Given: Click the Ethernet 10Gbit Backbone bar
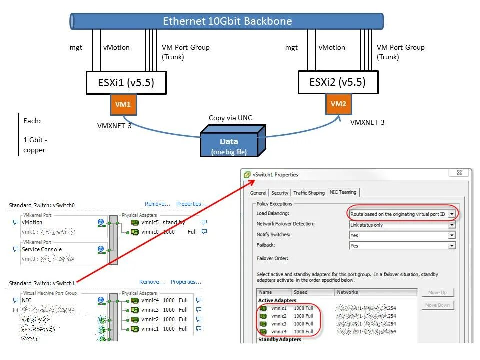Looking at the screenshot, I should click(x=227, y=21).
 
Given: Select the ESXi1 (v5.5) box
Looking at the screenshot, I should click(x=126, y=83).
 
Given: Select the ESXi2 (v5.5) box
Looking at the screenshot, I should click(x=337, y=82).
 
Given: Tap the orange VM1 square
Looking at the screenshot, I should click(x=123, y=105).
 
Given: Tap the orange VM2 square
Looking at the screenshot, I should click(x=338, y=104).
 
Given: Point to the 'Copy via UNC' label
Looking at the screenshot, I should click(x=230, y=118).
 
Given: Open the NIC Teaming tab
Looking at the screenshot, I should click(x=343, y=192).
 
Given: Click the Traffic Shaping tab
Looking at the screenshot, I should click(x=309, y=193).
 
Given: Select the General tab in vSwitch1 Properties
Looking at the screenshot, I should click(x=258, y=193).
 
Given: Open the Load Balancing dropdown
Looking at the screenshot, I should click(x=402, y=214).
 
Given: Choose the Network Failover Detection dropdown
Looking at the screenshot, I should click(x=402, y=225).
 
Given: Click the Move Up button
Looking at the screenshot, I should click(x=437, y=292).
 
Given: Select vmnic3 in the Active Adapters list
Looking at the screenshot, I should click(x=279, y=324).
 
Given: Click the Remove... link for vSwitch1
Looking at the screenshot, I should click(x=152, y=282).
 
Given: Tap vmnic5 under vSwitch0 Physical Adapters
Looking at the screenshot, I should click(x=150, y=222).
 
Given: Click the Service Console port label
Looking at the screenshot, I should click(x=42, y=249).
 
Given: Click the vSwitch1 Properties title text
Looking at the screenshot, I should click(x=275, y=175).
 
